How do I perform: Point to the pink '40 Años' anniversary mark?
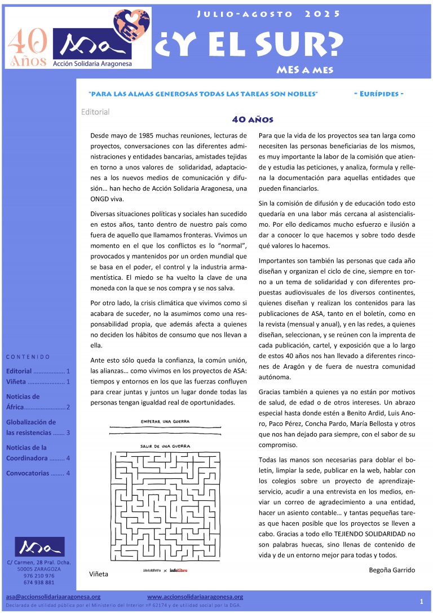(26, 48)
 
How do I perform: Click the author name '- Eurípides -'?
(382, 94)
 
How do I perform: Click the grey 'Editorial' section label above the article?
(95, 112)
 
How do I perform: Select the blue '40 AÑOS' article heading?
(253, 120)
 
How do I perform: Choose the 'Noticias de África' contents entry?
(37, 402)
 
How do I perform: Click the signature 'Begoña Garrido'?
(391, 570)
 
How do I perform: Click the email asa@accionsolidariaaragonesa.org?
(53, 597)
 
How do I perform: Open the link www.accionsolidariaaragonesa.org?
(195, 597)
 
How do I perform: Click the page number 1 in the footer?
(421, 601)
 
